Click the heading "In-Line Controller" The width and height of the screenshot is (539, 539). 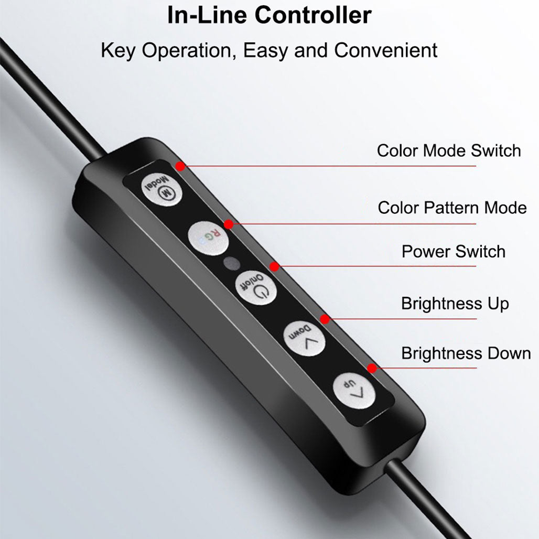(x=269, y=16)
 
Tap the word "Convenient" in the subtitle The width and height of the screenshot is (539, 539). (x=386, y=50)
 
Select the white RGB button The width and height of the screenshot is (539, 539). (x=208, y=238)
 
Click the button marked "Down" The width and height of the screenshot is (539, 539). (x=304, y=339)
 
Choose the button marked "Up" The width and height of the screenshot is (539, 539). (x=354, y=391)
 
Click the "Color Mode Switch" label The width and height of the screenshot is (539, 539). (x=449, y=150)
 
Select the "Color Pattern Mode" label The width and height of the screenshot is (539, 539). (x=452, y=208)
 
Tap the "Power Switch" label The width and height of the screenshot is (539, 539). (x=454, y=251)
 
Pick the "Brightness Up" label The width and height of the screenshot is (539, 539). (x=455, y=304)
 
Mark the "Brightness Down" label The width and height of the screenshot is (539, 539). (x=466, y=353)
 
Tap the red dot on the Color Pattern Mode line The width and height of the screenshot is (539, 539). (x=229, y=224)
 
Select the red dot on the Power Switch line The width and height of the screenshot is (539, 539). (x=274, y=266)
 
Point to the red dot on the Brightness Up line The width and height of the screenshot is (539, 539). (x=325, y=319)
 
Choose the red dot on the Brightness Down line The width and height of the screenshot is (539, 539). (x=372, y=369)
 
